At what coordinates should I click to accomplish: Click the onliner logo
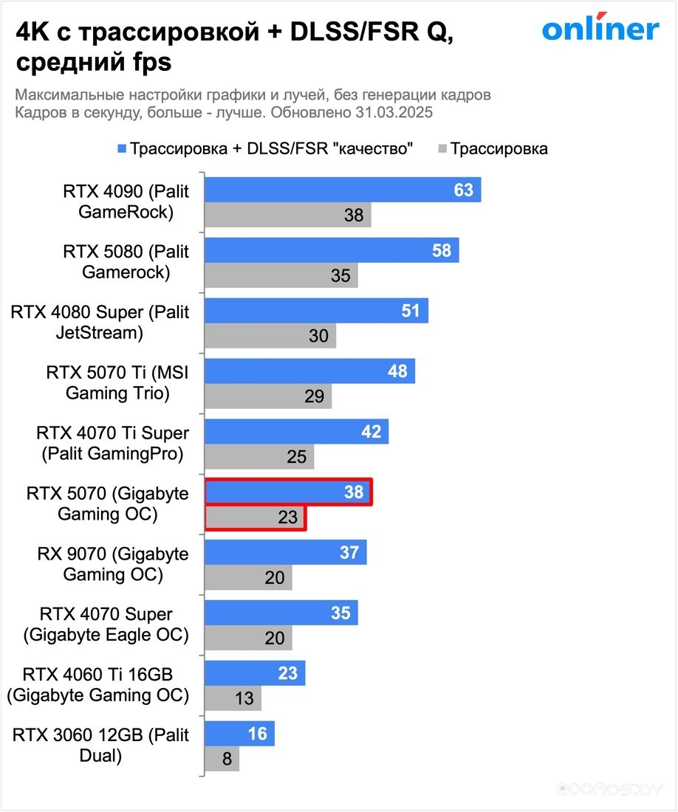tap(600, 29)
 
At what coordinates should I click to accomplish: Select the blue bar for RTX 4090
tap(342, 190)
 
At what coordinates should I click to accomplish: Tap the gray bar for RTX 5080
tap(281, 276)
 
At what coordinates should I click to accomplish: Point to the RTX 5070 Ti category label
tap(117, 383)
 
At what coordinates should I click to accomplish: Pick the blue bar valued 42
tap(296, 432)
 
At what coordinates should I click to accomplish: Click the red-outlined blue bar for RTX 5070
tap(287, 492)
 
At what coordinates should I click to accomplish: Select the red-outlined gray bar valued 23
tap(255, 517)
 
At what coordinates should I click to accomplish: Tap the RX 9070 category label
tap(112, 564)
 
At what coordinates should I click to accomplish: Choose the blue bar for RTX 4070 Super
tap(281, 613)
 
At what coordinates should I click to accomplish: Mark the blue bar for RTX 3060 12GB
tap(239, 734)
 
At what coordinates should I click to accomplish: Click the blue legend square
tap(122, 148)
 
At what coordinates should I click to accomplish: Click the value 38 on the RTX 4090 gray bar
tap(354, 216)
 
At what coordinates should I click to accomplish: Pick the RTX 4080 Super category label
tap(100, 323)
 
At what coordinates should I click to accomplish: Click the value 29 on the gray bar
tap(315, 396)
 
